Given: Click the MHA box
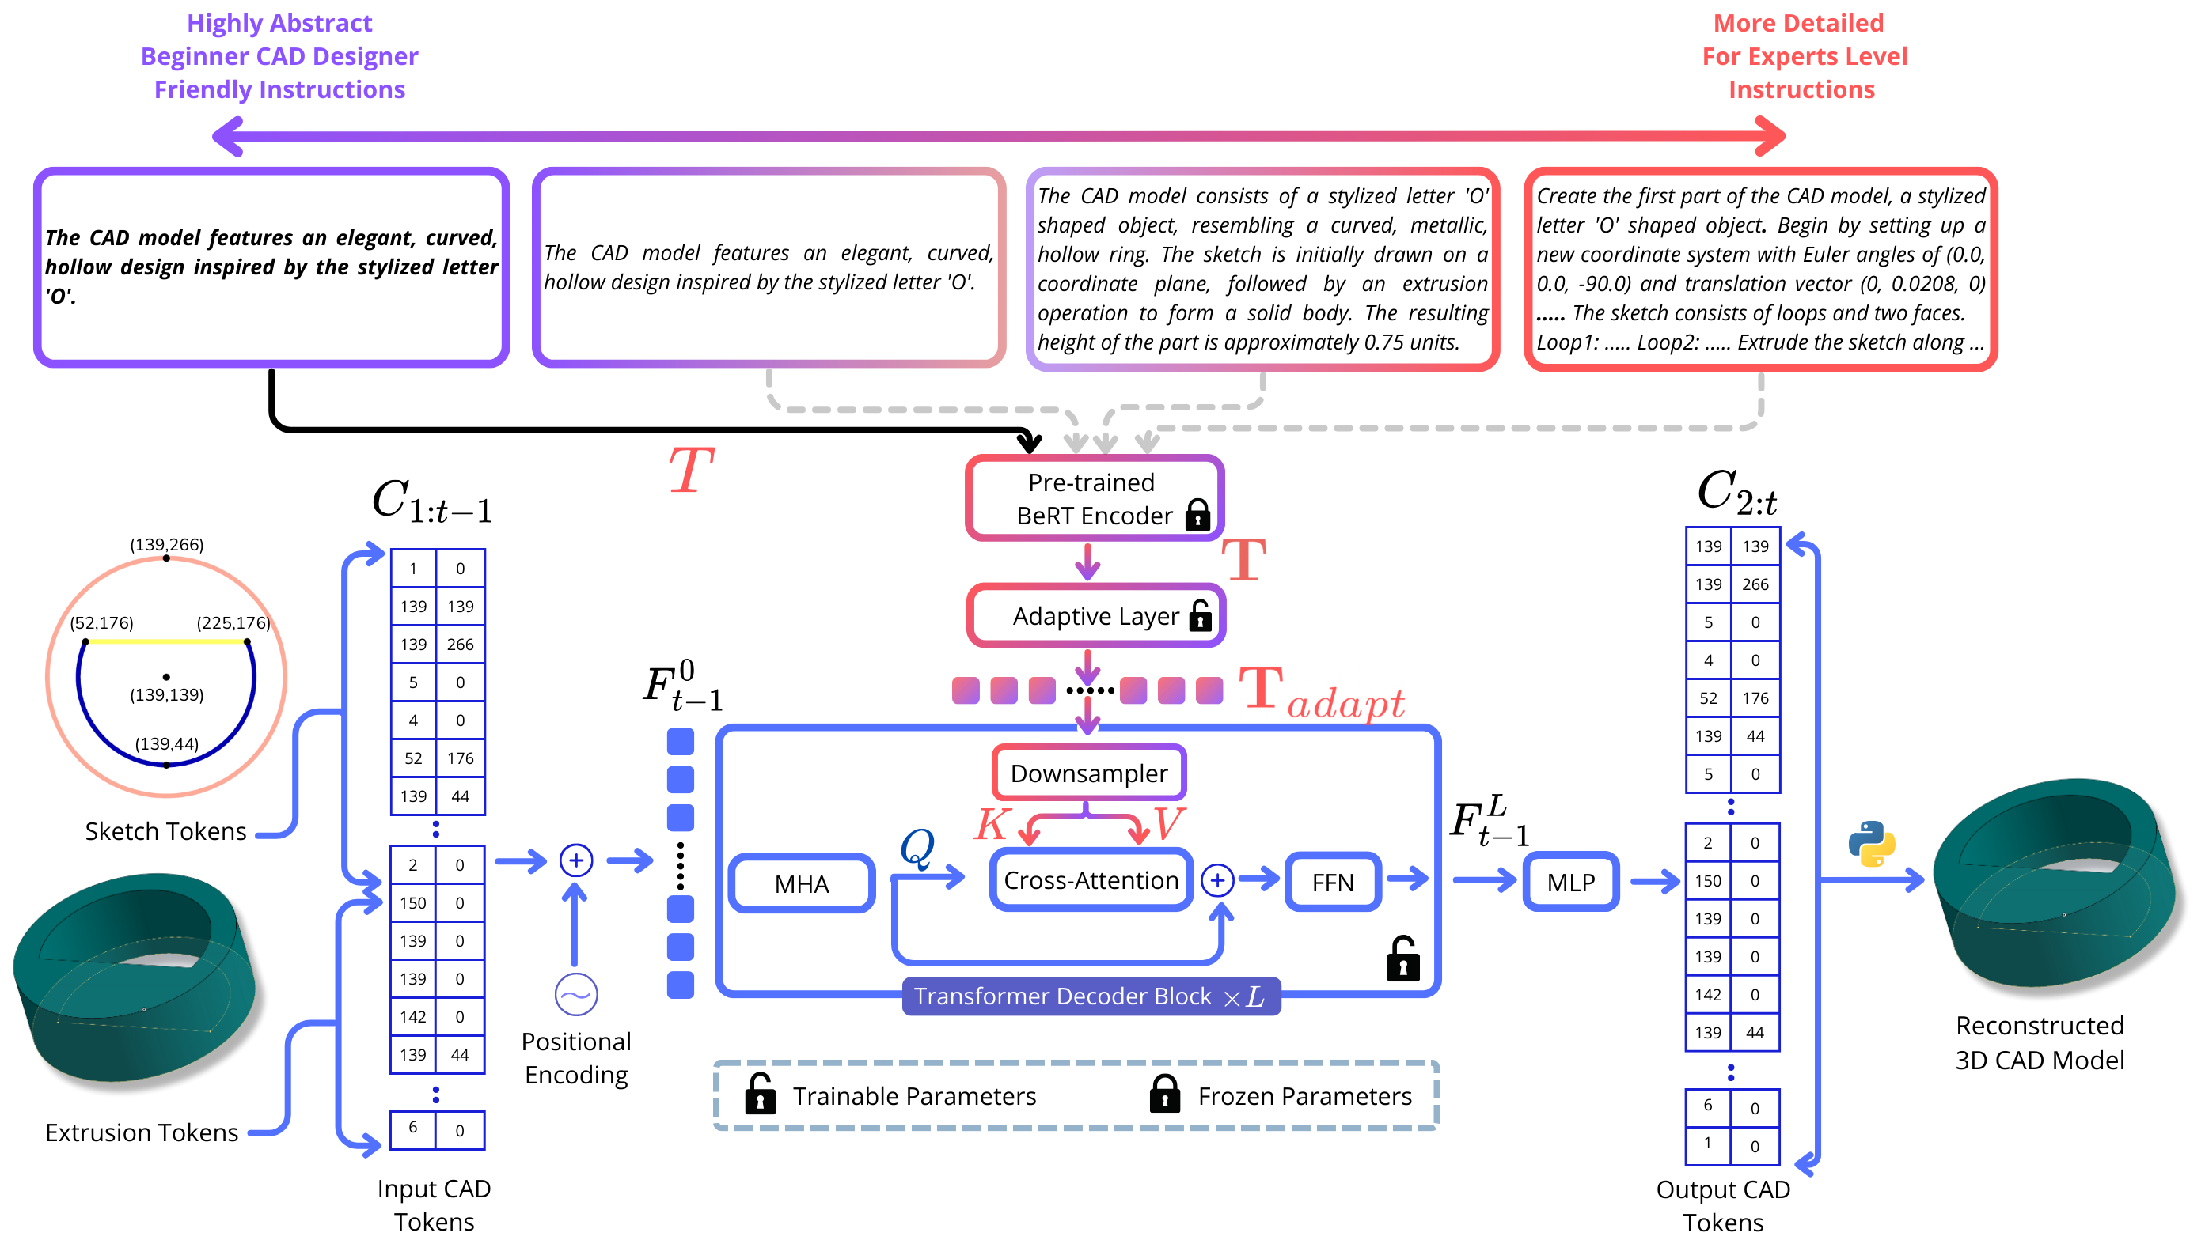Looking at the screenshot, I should coord(801,883).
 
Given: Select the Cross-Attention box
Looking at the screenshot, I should coord(1091,879).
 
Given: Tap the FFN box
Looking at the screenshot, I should coord(1332,882).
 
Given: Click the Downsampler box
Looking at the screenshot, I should coord(1089,773).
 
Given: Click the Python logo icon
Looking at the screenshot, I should coord(1871,844).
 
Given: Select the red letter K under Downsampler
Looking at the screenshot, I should coord(991,824).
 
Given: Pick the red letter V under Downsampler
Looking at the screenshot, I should coord(1168,824).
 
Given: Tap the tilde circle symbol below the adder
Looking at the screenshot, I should coord(576,995).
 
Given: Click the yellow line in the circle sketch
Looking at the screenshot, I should coord(167,641).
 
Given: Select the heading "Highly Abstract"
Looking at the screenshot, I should coord(279,23).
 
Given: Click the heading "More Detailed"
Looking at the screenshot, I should coord(1798,23).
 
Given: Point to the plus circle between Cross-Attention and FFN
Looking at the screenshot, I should coord(1217,880).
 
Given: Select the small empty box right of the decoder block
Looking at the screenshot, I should coord(1570,881).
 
